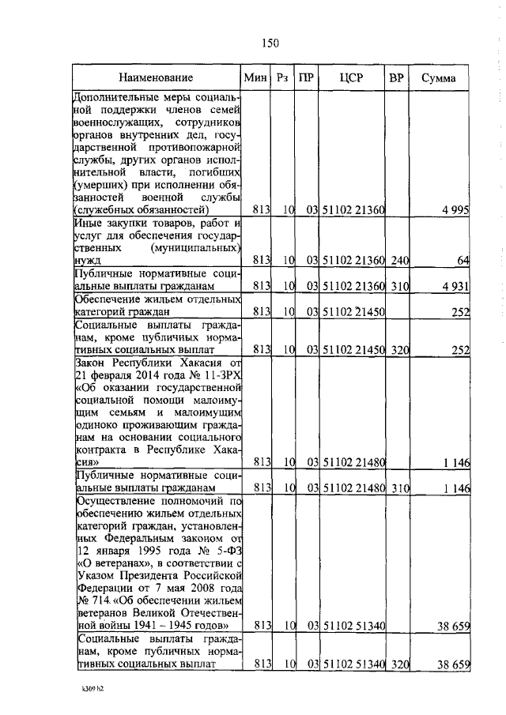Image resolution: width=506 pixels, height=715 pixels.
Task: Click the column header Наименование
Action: (x=157, y=77)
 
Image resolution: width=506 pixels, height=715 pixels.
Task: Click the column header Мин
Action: (x=257, y=77)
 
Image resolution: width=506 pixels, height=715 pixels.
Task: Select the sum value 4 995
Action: (x=456, y=210)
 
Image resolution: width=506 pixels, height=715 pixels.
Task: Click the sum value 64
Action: (x=463, y=260)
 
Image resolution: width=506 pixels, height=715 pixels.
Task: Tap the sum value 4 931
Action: (x=456, y=284)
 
